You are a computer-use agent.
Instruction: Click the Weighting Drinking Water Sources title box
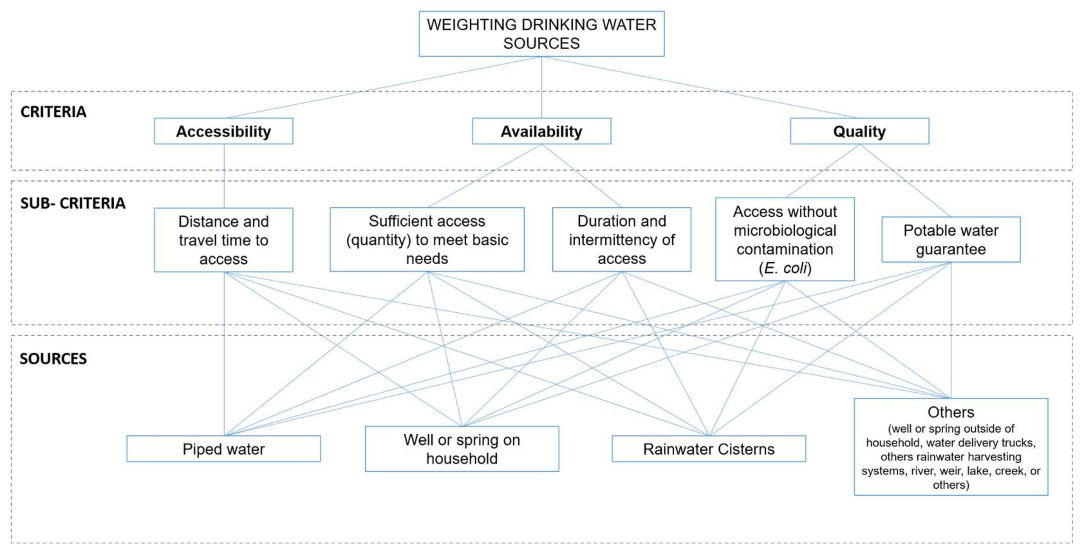[x=542, y=34]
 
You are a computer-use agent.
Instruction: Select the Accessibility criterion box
[x=223, y=131]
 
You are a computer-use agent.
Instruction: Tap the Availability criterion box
[x=542, y=131]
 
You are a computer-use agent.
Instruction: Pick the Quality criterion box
[x=859, y=131]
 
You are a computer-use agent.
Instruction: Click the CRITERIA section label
[x=53, y=112]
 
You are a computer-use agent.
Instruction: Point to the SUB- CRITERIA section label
[x=73, y=203]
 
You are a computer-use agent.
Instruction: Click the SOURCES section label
[x=53, y=359]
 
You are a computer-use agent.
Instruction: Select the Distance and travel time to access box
[x=223, y=240]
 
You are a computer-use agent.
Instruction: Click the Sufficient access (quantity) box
[x=427, y=240]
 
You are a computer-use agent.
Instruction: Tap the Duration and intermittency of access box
[x=621, y=240]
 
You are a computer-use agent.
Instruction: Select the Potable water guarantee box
[x=951, y=240]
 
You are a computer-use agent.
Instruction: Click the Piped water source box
[x=223, y=449]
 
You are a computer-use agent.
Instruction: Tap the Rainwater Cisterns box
[x=709, y=449]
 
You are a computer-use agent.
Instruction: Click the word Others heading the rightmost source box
[x=951, y=412]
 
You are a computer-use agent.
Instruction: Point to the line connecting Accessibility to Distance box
[x=224, y=176]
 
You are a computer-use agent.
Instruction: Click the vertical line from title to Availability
[x=542, y=87]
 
